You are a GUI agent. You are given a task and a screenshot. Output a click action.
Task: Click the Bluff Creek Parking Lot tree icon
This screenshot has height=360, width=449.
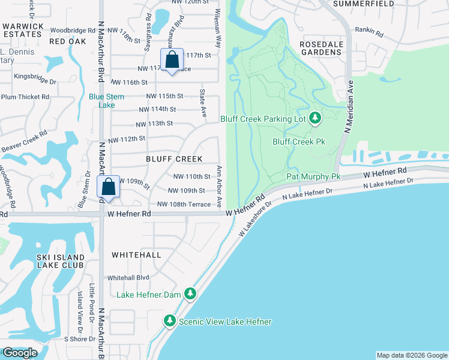pos(315,119)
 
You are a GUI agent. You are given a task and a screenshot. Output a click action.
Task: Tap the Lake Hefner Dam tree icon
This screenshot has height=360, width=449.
pos(190,294)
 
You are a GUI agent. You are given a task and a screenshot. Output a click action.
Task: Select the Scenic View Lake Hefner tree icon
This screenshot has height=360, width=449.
pos(170,322)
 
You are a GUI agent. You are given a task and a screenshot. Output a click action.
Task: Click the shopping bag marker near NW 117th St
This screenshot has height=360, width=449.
pos(172,61)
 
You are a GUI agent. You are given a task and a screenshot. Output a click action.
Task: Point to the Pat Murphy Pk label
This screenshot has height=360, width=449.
pos(313,176)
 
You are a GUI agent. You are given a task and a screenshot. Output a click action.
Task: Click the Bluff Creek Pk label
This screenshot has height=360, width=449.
pos(298,142)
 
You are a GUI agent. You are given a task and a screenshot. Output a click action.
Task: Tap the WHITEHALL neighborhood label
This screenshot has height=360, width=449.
pos(136,255)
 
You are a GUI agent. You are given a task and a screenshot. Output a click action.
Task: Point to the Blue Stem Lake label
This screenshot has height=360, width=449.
pos(106,100)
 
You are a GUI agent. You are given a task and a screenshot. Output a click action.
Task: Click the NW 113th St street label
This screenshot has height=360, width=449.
pos(154,124)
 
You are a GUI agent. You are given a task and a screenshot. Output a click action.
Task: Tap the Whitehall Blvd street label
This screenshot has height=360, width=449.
pos(128,278)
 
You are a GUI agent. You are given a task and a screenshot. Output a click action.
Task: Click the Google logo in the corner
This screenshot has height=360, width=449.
pos(19,353)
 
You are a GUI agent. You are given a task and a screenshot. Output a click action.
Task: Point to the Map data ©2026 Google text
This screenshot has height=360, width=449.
pos(411,355)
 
